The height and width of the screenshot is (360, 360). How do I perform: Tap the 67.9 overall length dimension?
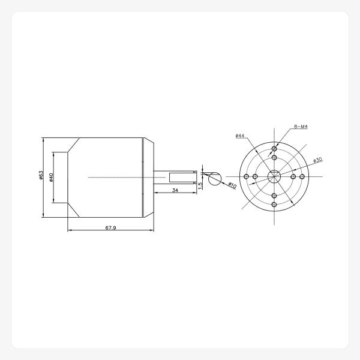(110, 228)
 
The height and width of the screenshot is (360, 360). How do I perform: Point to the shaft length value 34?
(175, 190)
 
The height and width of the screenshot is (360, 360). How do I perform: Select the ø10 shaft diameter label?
(232, 186)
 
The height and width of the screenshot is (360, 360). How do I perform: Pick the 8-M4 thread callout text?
(301, 127)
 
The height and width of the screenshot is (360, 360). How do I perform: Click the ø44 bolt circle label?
(240, 136)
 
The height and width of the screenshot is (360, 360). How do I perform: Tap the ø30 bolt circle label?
(317, 160)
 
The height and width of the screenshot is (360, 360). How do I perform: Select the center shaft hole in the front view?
(274, 176)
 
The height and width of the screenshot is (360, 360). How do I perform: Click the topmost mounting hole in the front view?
(274, 149)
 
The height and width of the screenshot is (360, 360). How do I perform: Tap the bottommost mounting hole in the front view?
(274, 205)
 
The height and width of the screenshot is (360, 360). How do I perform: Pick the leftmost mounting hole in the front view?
(247, 176)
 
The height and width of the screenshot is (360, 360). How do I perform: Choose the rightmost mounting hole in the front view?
(302, 176)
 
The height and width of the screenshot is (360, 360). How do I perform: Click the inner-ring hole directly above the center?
(274, 158)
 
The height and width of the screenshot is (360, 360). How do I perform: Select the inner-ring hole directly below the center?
(274, 196)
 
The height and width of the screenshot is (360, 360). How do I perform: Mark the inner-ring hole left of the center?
(256, 176)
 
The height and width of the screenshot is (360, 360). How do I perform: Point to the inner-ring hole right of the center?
(293, 176)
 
